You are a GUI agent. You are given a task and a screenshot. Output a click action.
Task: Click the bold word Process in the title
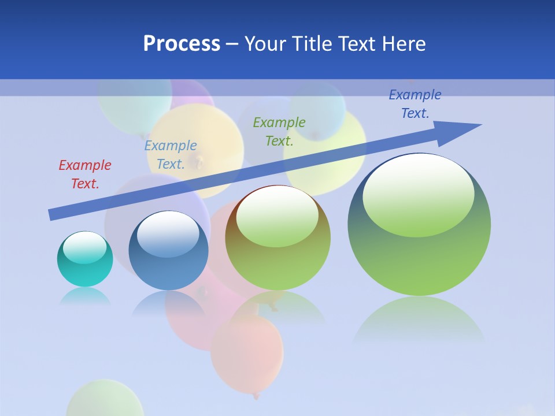pyautogui.click(x=182, y=44)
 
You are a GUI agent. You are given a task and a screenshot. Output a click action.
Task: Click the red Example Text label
pyautogui.click(x=85, y=174)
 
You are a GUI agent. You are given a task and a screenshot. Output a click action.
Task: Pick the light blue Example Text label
pyautogui.click(x=171, y=155)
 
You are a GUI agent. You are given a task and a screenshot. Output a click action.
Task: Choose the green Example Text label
pyautogui.click(x=279, y=131)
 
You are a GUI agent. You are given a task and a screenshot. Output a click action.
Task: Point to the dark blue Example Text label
pyautogui.click(x=415, y=104)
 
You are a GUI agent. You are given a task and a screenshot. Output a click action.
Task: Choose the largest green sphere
pyautogui.click(x=419, y=260)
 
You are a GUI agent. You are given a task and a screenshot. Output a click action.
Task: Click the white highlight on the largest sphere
pyautogui.click(x=418, y=194)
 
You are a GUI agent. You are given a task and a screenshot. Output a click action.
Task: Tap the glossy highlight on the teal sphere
pyautogui.click(x=84, y=247)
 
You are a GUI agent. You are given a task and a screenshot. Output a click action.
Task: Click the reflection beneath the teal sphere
pyautogui.click(x=85, y=296)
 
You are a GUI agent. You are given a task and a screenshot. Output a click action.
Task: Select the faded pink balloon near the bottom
pyautogui.click(x=247, y=352)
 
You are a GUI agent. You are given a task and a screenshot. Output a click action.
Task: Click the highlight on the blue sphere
pyautogui.click(x=168, y=234)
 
